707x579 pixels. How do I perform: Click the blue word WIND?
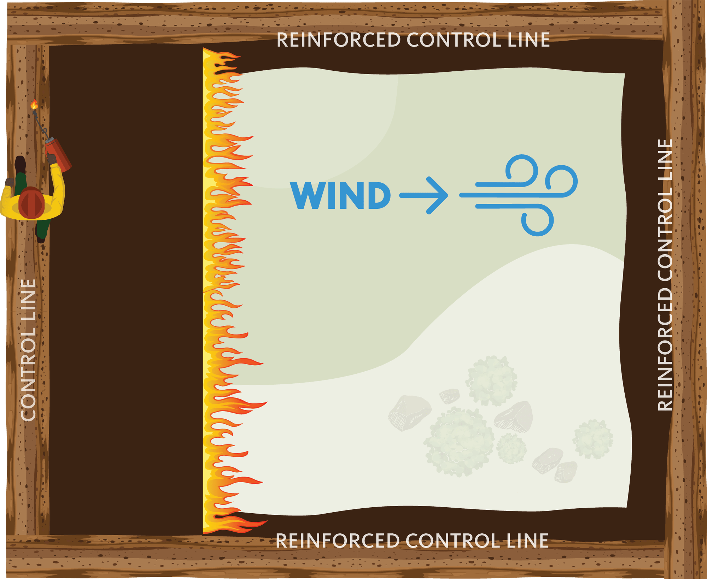[x=340, y=195]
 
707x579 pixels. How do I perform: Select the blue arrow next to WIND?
[x=423, y=195]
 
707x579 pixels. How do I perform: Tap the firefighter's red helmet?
[x=31, y=202]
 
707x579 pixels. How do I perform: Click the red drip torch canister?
[x=58, y=154]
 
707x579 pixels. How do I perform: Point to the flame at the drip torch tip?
[x=34, y=105]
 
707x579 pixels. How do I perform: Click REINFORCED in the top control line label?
[x=338, y=40]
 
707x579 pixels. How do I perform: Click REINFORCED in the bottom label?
[x=337, y=541]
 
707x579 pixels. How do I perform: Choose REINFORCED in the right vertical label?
[x=665, y=349]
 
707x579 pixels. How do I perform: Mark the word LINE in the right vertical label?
[x=665, y=162]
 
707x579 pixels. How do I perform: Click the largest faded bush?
[x=459, y=442]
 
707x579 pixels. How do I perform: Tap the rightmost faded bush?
[x=593, y=439]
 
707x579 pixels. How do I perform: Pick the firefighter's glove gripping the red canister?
[x=52, y=159]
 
